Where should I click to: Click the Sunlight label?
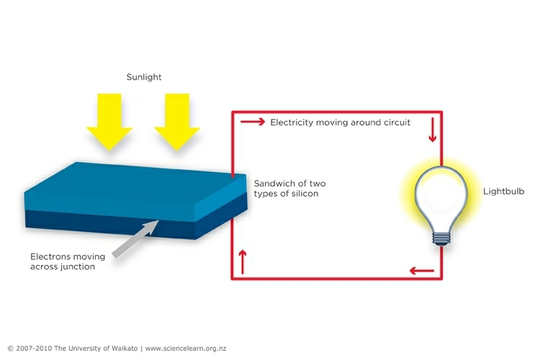pyautogui.click(x=144, y=77)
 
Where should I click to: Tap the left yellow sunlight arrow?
pyautogui.click(x=109, y=122)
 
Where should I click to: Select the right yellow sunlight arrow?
pyautogui.click(x=177, y=122)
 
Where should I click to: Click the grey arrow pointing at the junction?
pyautogui.click(x=135, y=239)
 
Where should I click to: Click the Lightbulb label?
pyautogui.click(x=503, y=192)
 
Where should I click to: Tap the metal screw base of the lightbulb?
pyautogui.click(x=441, y=238)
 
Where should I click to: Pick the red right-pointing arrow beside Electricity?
pyautogui.click(x=253, y=122)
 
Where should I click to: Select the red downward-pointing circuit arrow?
pyautogui.click(x=433, y=130)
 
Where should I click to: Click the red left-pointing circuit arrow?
pyautogui.click(x=422, y=271)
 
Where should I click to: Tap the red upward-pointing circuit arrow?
pyautogui.click(x=243, y=262)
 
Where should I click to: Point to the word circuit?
pyautogui.click(x=397, y=122)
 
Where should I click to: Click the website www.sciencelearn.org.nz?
pyautogui.click(x=186, y=348)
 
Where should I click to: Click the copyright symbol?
pyautogui.click(x=10, y=348)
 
